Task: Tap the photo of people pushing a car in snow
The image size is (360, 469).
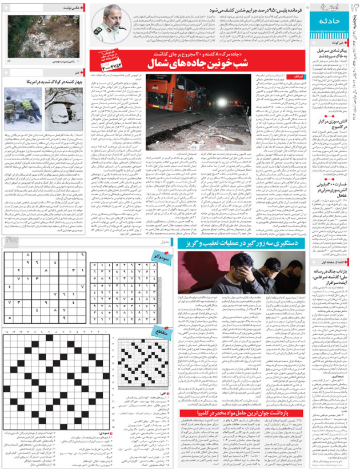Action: (22, 107)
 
